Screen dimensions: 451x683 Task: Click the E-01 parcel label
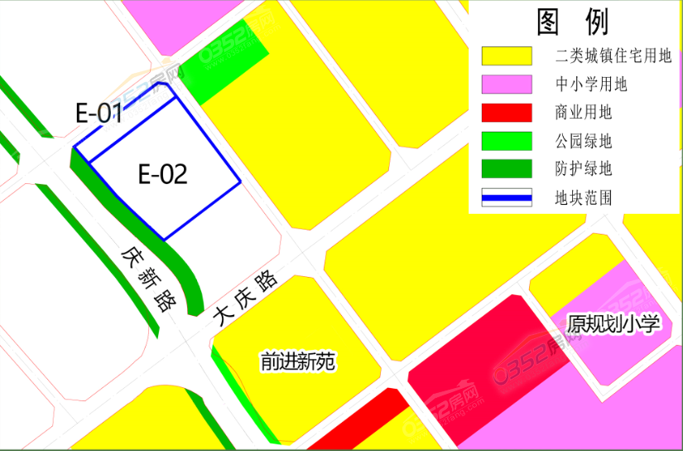click(99, 114)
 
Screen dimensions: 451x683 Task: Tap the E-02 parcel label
click(162, 174)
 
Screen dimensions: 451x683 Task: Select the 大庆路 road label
click(244, 299)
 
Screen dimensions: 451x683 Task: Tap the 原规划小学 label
click(613, 323)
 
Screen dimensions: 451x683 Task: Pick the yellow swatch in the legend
click(507, 56)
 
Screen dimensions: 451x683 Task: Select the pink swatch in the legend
click(507, 85)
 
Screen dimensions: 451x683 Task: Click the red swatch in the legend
click(507, 113)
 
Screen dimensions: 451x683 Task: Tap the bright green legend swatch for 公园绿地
click(507, 141)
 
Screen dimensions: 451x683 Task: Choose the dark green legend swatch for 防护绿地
click(507, 169)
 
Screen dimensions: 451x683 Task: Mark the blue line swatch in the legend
click(507, 197)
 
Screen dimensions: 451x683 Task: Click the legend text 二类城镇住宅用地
click(613, 56)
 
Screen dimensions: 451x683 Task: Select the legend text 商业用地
click(584, 113)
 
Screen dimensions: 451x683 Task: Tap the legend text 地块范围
click(584, 197)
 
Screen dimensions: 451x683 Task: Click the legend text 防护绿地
click(584, 169)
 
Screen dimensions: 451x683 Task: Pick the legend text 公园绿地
click(584, 141)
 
